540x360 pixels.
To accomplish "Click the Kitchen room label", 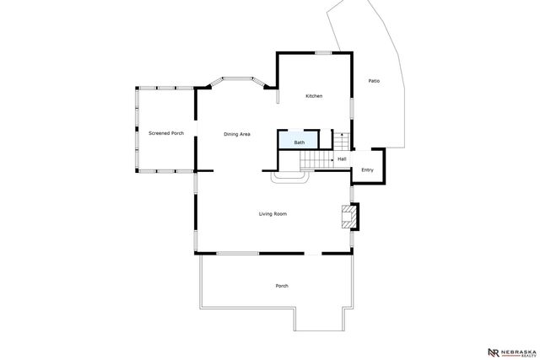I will (x=314, y=96).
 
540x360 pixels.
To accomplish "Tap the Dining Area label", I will (x=237, y=134).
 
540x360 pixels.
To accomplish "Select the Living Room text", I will (x=273, y=214).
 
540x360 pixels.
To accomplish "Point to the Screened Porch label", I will (x=166, y=133).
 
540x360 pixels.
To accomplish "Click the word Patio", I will (x=374, y=81).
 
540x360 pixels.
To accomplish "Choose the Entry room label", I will (x=367, y=170).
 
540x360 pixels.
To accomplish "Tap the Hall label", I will (x=342, y=159).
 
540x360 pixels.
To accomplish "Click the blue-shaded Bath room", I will (x=299, y=140).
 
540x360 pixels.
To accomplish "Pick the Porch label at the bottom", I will (x=282, y=286).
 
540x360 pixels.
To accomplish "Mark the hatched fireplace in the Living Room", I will (x=347, y=218).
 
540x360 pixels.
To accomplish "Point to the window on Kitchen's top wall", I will (x=322, y=53).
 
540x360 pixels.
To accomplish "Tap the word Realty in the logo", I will (x=518, y=355).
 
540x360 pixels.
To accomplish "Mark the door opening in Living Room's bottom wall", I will (x=313, y=253).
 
